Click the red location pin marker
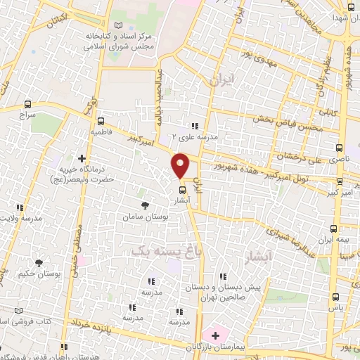coord(181,165)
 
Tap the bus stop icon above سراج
coord(27,103)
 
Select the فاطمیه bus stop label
coord(101,131)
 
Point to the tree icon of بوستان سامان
coord(145,205)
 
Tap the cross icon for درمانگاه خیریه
coord(82,158)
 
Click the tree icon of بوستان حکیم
coord(39,262)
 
